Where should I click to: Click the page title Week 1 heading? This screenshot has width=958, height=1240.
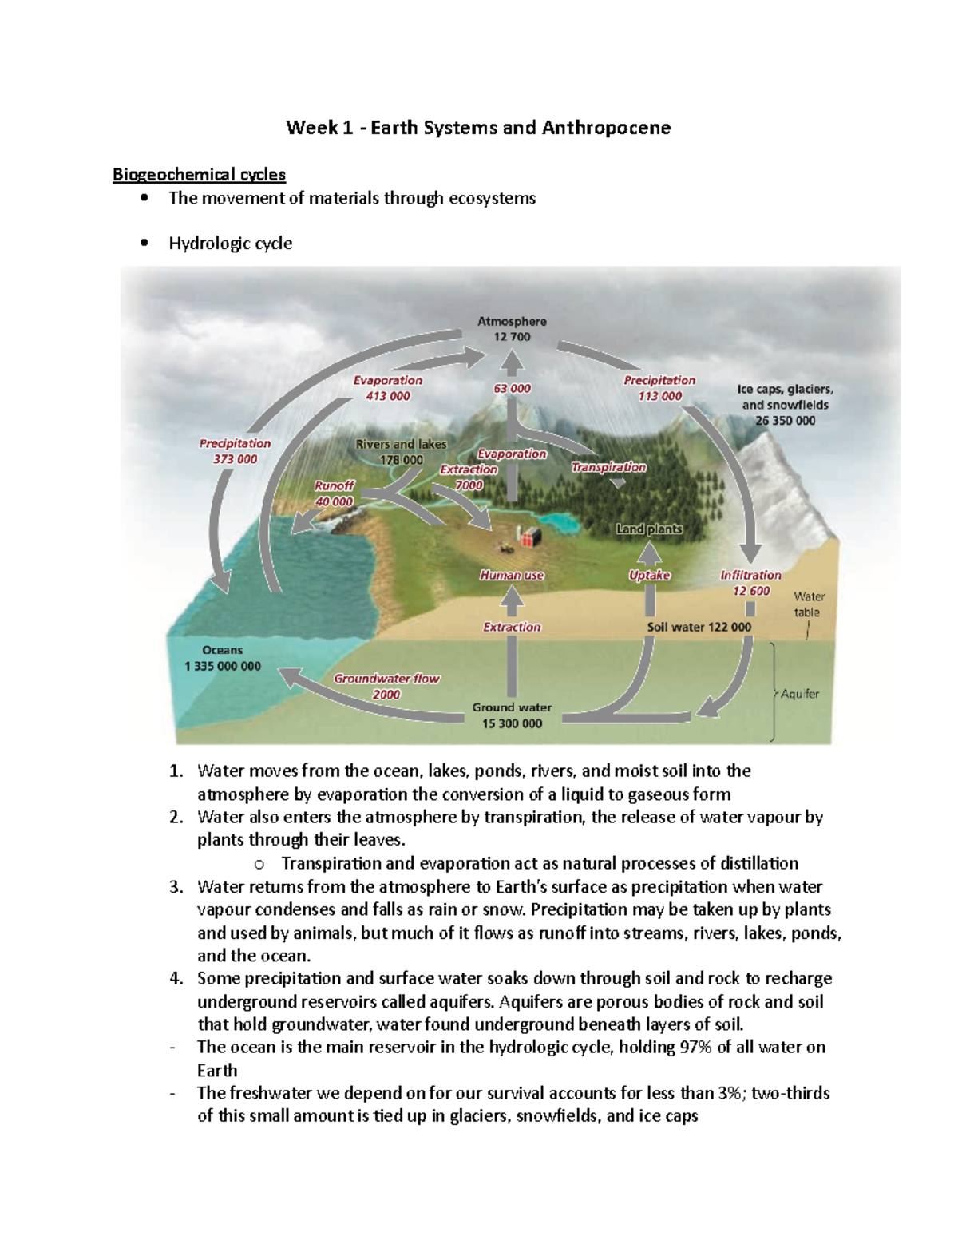coord(478,128)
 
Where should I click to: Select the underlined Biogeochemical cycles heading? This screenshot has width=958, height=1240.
coord(199,174)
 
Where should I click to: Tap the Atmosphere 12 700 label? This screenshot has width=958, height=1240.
coord(512,329)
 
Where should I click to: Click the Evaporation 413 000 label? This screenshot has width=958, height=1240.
coord(388,388)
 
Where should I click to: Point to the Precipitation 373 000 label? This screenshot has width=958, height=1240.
coord(235,451)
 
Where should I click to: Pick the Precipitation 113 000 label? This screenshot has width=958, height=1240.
coord(659,388)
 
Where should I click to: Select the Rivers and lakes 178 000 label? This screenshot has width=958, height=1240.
coord(401,452)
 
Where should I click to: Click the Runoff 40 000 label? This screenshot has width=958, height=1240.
coord(334,493)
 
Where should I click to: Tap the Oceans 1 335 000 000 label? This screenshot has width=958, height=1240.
coord(223,658)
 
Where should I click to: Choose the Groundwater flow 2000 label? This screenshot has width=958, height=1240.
coord(386,686)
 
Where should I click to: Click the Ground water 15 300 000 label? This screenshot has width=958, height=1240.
coord(512,715)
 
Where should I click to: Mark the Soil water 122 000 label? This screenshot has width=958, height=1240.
coord(699,627)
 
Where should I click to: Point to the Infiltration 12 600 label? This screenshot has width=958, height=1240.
coord(750,583)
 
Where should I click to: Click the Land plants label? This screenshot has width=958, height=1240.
coord(649,529)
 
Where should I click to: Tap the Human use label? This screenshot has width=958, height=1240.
coord(512,575)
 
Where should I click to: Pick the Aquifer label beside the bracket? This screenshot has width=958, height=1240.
coord(800,694)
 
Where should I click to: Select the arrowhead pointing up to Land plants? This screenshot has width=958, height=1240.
coord(651,552)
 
